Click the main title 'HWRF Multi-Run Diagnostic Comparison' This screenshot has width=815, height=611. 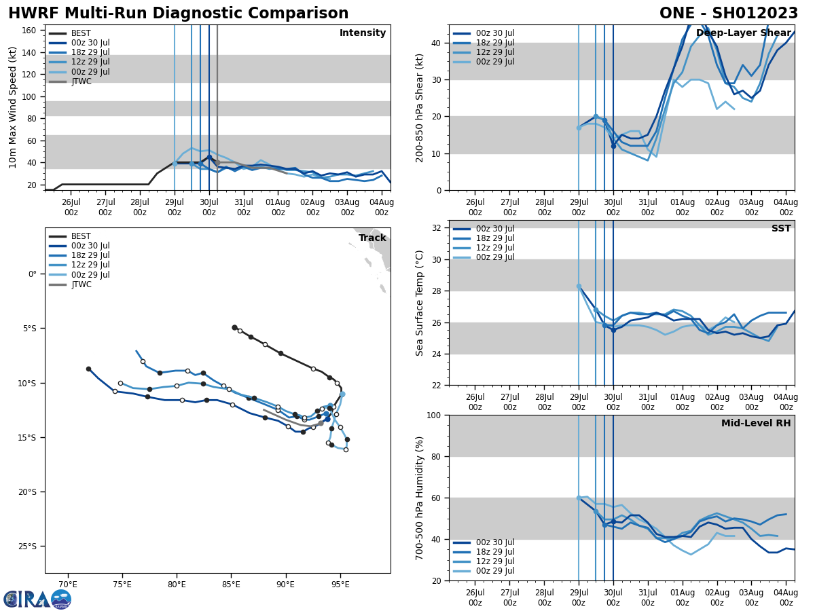[178, 14]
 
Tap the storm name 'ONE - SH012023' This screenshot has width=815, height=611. [728, 14]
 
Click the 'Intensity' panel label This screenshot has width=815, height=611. [362, 33]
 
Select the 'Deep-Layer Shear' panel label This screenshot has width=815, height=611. [743, 33]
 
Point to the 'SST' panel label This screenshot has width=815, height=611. [780, 229]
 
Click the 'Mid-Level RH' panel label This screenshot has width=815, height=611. [755, 424]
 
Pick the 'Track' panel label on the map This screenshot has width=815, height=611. [372, 238]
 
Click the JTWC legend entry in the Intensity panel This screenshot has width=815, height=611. [81, 81]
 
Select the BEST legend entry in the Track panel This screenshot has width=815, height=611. [81, 236]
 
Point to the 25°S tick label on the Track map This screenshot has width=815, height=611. [28, 547]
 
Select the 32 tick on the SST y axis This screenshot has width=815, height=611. [437, 228]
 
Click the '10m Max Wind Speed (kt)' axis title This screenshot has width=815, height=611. [13, 107]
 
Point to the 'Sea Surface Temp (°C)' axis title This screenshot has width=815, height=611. [420, 303]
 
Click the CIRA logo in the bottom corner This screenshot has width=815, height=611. [37, 599]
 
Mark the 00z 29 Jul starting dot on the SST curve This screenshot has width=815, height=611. [579, 286]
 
